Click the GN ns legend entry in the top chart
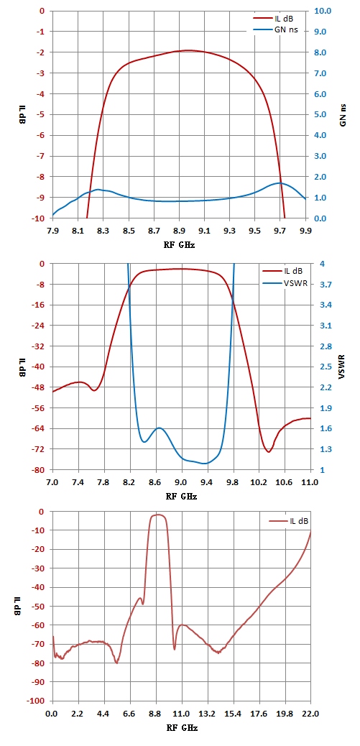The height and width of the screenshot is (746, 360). [x=278, y=30]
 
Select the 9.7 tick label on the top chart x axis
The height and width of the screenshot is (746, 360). [x=280, y=231]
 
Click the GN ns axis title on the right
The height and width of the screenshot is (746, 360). [x=343, y=115]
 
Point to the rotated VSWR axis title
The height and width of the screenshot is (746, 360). [x=343, y=367]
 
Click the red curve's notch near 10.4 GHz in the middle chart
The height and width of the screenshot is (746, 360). [x=269, y=451]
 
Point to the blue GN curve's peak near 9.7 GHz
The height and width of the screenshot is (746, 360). [x=279, y=183]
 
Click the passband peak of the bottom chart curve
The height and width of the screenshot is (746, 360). [x=158, y=515]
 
